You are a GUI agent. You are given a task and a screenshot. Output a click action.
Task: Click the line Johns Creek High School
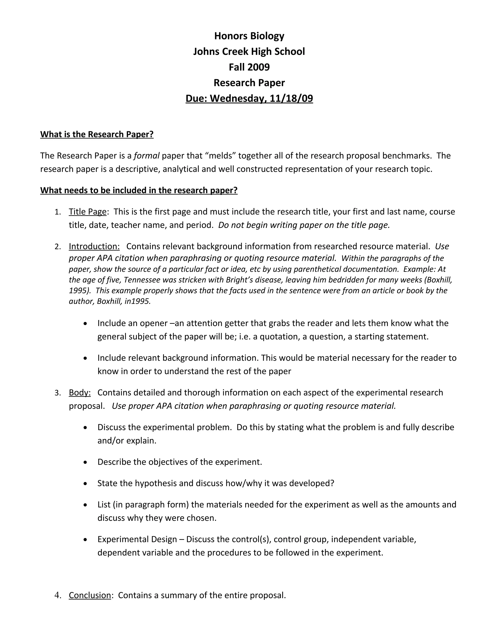pyautogui.click(x=249, y=51)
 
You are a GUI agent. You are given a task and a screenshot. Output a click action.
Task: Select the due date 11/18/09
pyautogui.click(x=291, y=98)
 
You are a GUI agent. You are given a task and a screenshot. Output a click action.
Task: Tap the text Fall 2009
pyautogui.click(x=249, y=67)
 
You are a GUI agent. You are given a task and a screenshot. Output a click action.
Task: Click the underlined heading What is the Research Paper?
pyautogui.click(x=97, y=134)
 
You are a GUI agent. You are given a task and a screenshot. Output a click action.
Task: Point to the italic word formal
pyautogui.click(x=146, y=156)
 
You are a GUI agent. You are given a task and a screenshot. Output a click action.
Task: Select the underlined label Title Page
pyautogui.click(x=88, y=212)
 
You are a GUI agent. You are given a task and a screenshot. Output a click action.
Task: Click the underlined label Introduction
pyautogui.click(x=94, y=246)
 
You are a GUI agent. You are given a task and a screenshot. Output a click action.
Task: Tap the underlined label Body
pyautogui.click(x=80, y=393)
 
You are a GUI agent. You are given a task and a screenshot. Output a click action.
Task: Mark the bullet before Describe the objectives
pyautogui.click(x=85, y=462)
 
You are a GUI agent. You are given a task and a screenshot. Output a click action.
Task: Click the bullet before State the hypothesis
pyautogui.click(x=85, y=484)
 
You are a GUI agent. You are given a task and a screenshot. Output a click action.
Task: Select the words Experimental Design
pyautogui.click(x=137, y=539)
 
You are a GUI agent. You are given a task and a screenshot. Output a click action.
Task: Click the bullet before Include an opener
pyautogui.click(x=85, y=324)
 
